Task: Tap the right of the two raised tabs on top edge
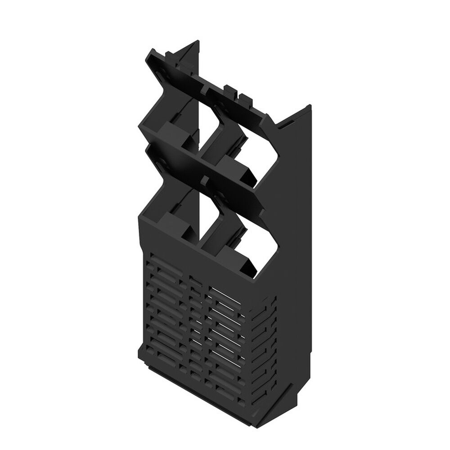point(244,97)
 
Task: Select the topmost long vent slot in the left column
point(162,261)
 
